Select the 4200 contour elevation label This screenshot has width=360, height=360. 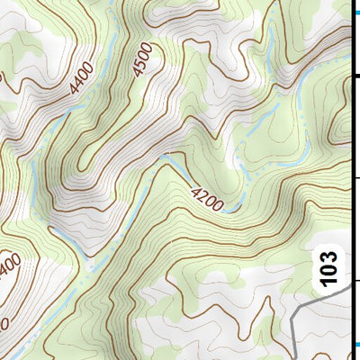pyautogui.click(x=208, y=195)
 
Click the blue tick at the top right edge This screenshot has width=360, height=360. pyautogui.click(x=355, y=13)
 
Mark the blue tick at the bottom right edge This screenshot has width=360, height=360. pyautogui.click(x=355, y=345)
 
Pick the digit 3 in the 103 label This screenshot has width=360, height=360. pyautogui.click(x=330, y=256)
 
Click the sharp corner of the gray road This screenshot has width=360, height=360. pyautogui.click(x=296, y=311)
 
